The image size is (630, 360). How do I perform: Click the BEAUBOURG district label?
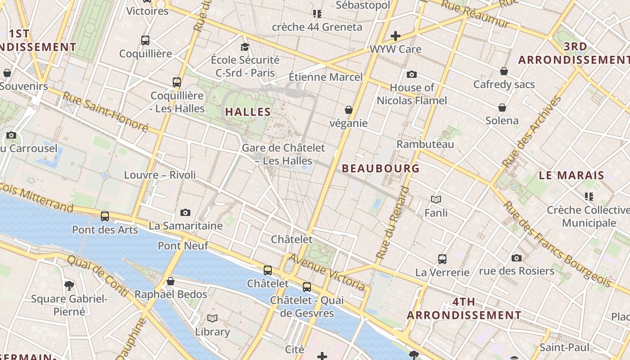(x=381, y=168)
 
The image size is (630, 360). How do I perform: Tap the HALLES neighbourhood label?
(x=248, y=112)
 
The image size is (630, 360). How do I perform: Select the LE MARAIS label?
(x=571, y=175)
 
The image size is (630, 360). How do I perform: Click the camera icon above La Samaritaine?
(x=185, y=212)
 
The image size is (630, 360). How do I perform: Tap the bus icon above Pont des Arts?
(x=105, y=216)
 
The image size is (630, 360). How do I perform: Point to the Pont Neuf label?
(x=183, y=246)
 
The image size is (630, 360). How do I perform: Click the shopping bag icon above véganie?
(x=348, y=110)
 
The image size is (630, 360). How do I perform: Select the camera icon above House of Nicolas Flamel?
(x=411, y=75)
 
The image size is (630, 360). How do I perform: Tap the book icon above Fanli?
(x=436, y=199)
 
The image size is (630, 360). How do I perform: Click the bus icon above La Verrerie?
(x=442, y=259)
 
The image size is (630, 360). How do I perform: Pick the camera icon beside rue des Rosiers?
(x=517, y=258)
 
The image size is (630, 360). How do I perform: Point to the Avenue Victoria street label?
(x=327, y=272)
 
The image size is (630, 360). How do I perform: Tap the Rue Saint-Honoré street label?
(x=105, y=112)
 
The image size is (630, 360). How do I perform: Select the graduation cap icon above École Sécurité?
(x=245, y=47)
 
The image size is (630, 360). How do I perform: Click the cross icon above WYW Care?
(x=395, y=36)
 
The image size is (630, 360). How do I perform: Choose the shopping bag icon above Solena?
(x=502, y=108)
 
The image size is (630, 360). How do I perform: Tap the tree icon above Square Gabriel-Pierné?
(x=69, y=285)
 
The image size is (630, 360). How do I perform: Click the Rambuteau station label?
(x=425, y=144)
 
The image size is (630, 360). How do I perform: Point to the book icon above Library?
(x=212, y=319)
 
